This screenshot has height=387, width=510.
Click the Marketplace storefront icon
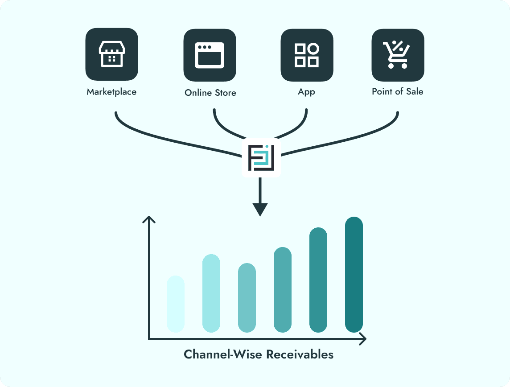111,55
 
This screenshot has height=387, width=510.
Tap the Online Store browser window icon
210,55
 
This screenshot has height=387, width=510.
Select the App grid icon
307,55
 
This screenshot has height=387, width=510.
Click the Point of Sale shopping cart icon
398,55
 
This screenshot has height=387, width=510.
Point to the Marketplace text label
111,92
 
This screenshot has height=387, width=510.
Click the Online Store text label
210,93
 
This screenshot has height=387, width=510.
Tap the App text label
306,92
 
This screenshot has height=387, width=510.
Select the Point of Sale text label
398,92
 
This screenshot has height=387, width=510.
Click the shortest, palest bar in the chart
176,304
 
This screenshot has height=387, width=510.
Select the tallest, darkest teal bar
354,274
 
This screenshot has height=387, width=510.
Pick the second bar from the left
211,293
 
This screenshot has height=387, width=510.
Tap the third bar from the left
247,297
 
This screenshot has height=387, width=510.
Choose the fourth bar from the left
283,289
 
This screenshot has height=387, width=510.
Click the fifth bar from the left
318,280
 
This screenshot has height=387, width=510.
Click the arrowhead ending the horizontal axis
363,339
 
